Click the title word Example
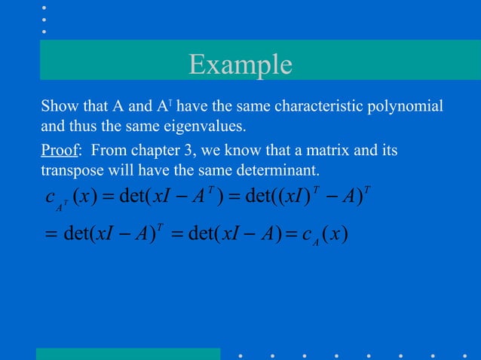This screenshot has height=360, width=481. pos(240,64)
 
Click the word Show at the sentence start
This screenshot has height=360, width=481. pos(57,105)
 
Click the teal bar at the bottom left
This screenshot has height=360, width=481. pos(127,354)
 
